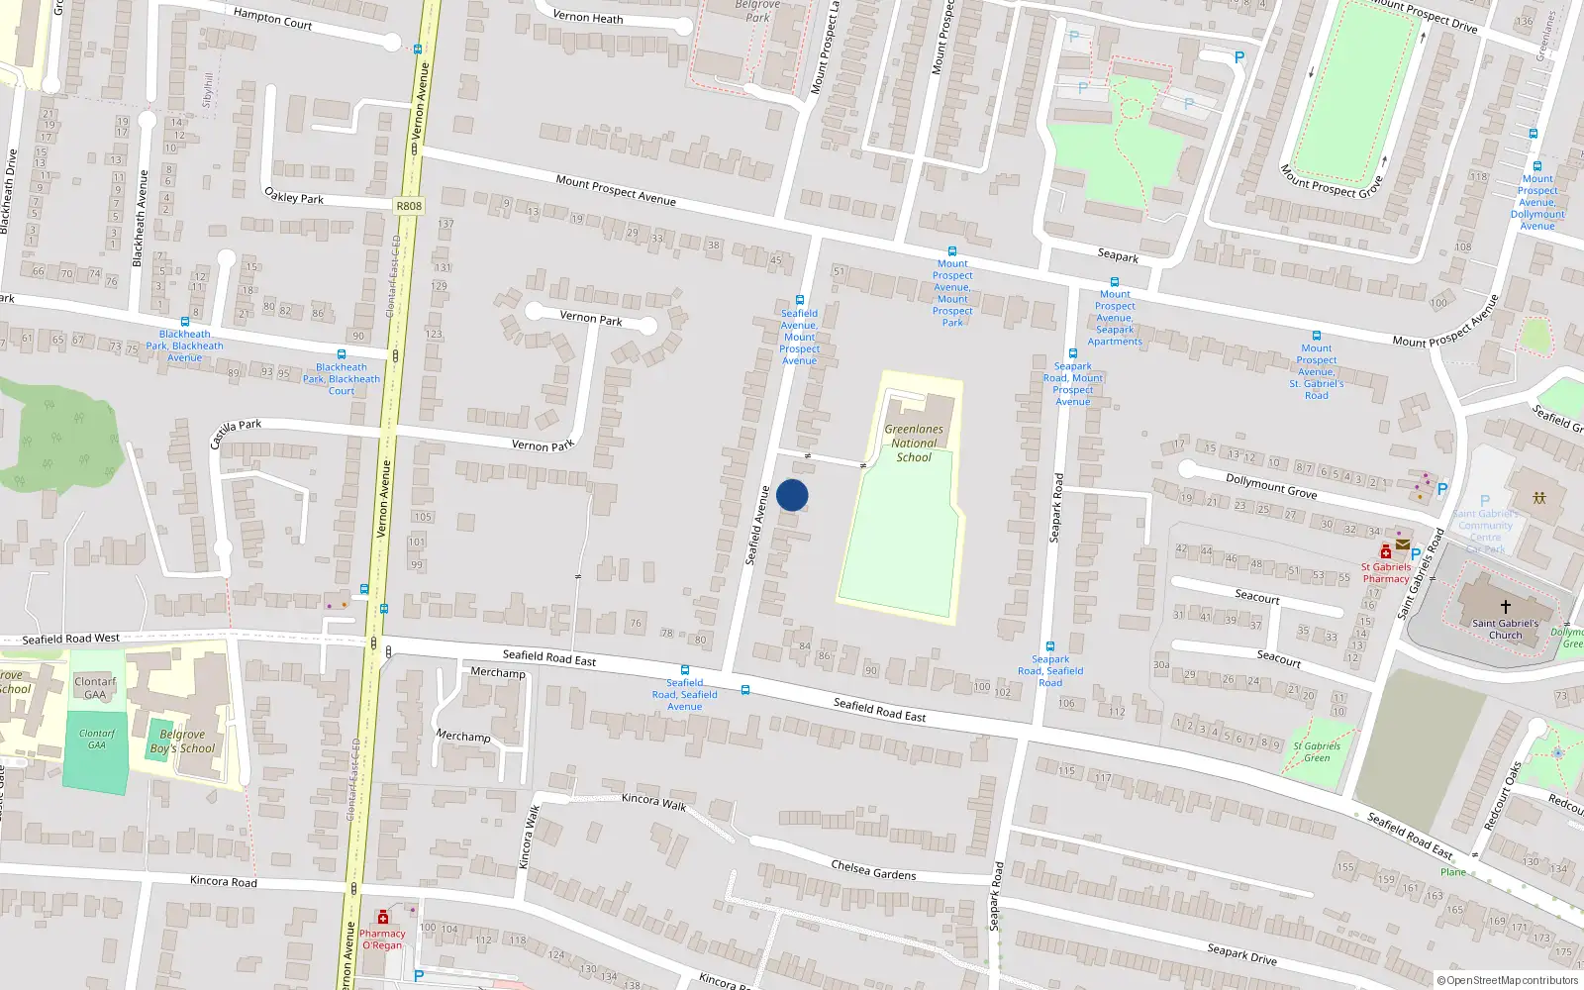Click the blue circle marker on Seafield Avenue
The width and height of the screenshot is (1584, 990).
point(792,495)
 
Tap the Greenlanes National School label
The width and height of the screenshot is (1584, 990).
point(914,444)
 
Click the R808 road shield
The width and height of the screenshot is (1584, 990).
point(408,206)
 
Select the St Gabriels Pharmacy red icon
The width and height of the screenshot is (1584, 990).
point(1386,551)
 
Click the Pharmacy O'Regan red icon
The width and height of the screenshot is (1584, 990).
point(383,917)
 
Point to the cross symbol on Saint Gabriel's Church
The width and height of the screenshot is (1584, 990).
point(1506,606)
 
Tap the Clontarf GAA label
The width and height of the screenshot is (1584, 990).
point(95,688)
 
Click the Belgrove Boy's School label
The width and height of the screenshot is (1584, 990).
point(182,742)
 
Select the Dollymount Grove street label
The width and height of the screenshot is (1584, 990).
point(1271,485)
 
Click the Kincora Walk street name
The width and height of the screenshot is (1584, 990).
point(653,801)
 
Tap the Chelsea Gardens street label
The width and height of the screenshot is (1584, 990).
point(873,870)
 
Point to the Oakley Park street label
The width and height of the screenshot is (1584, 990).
point(294,196)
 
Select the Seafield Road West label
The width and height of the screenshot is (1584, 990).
point(70,639)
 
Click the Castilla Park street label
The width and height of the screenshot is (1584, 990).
point(236,432)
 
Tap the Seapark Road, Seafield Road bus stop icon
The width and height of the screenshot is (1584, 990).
point(1050,646)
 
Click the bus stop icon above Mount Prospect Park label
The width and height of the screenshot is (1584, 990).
point(952,251)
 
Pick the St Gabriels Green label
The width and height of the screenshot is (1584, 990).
point(1317,751)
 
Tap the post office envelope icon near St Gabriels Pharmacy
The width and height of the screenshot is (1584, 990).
point(1403,544)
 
